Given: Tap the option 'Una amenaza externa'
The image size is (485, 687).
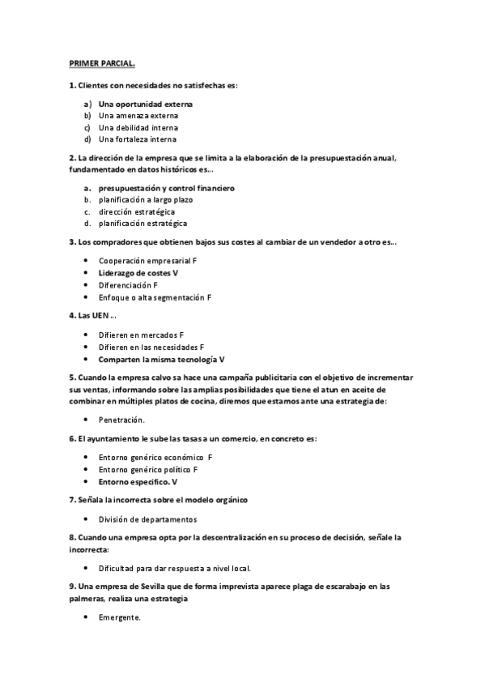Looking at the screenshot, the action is (138, 116).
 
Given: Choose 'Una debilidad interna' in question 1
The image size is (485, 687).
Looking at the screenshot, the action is (138, 127).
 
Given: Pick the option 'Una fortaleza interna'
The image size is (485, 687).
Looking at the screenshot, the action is (138, 139).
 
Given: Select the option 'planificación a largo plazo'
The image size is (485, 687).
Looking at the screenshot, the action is (147, 199).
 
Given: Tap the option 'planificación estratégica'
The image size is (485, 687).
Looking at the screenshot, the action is (143, 223).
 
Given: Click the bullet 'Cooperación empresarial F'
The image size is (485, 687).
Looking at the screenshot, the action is (147, 262).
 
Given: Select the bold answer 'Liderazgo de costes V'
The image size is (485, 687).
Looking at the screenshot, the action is (138, 274).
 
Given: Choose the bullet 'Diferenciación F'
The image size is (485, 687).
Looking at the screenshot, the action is (128, 285).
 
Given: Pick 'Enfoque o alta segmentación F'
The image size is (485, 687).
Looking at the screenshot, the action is (155, 297).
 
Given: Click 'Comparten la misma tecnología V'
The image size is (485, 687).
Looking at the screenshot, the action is (161, 359).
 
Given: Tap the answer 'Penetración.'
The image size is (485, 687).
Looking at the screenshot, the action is (121, 420).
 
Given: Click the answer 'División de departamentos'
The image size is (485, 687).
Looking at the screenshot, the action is (147, 519).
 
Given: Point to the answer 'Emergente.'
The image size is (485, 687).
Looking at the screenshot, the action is (120, 617).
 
